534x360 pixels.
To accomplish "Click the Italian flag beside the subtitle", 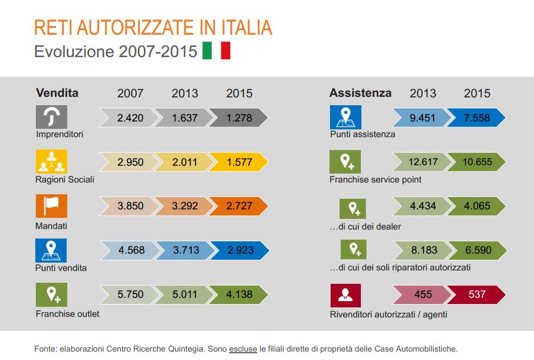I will tap(216, 50).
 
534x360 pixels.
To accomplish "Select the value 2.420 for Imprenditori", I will tap(130, 118).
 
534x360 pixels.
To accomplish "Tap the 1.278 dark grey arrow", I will tap(239, 118).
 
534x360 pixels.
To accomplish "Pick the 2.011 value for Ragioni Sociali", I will tap(185, 162).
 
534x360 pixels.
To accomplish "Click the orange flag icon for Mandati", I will tap(51, 206).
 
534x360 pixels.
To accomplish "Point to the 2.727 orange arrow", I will tap(239, 206).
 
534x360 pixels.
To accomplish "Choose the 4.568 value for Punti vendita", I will tap(130, 250).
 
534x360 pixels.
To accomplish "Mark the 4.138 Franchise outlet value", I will tap(239, 293).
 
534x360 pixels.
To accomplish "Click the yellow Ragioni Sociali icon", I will tap(51, 162).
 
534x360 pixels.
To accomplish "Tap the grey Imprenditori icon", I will tap(51, 116).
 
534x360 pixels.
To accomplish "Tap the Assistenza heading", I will tap(360, 93).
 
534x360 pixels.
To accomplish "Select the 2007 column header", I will tap(130, 93).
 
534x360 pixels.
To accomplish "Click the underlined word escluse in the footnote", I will tap(243, 348).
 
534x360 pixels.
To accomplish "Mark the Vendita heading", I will tap(57, 93).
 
